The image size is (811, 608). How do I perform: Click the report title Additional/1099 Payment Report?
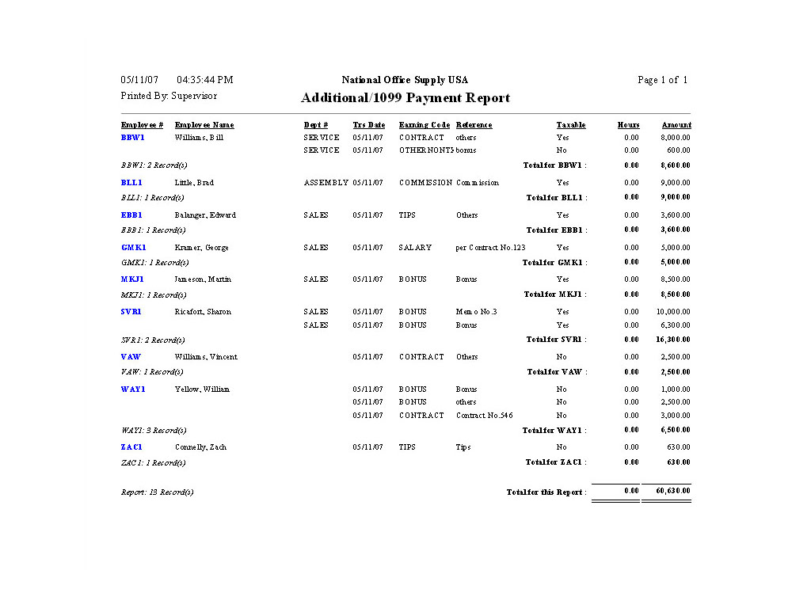405,98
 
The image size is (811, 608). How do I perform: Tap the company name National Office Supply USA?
405,80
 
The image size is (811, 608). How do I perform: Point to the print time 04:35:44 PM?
204,80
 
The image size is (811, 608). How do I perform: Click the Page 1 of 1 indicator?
662,80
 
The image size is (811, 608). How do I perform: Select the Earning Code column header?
425,125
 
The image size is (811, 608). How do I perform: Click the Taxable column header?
571,125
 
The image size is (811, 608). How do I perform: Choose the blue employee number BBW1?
132,138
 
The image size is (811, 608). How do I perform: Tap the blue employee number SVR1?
131,312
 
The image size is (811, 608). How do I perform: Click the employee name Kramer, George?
201,248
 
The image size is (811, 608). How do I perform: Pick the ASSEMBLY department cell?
326,183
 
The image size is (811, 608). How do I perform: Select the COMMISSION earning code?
425,183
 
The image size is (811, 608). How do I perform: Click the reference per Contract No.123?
490,248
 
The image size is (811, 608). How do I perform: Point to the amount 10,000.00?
673,312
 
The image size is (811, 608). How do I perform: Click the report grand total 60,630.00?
673,492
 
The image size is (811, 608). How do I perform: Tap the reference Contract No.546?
484,416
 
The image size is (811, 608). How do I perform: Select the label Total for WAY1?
554,431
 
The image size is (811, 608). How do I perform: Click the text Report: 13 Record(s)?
157,492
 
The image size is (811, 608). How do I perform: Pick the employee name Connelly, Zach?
200,447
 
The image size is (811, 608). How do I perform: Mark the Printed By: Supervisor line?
169,96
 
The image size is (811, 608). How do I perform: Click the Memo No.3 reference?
476,312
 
